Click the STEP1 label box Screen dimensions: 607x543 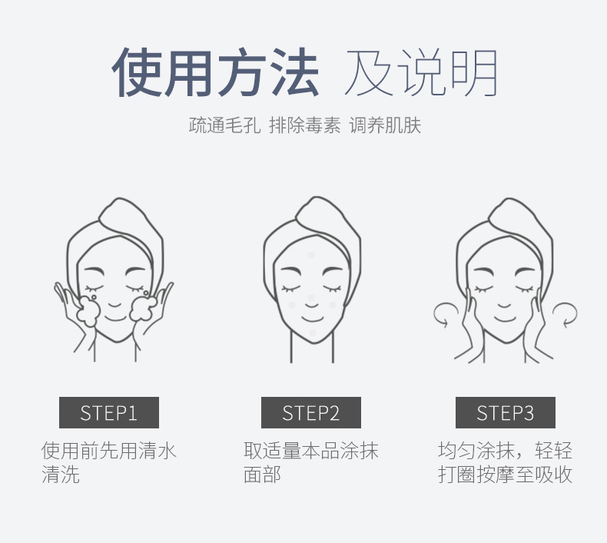[109, 412]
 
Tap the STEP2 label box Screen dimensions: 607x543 [311, 412]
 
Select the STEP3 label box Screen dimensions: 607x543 [505, 412]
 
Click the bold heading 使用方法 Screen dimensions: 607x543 [215, 72]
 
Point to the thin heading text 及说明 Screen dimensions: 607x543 [421, 73]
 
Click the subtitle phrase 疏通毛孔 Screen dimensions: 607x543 [224, 125]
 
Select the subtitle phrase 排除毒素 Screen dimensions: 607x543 [305, 125]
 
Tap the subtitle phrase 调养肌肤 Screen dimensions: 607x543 [385, 125]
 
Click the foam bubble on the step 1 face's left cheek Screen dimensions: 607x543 [88, 311]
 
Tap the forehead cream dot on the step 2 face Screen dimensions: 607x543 [311, 255]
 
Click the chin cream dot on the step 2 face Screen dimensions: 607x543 [313, 333]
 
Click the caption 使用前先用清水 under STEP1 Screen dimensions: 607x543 [109, 451]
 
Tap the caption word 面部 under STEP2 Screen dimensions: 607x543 [262, 475]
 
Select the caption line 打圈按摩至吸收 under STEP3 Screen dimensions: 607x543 [505, 475]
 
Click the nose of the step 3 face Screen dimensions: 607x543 [504, 305]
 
